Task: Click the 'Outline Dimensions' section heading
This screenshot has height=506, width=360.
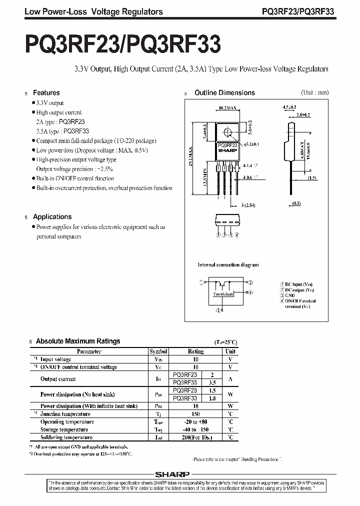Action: pyautogui.click(x=224, y=92)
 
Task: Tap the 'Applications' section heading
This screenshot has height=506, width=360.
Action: pyautogui.click(x=52, y=216)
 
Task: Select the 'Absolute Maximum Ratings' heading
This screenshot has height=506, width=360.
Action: pyautogui.click(x=78, y=341)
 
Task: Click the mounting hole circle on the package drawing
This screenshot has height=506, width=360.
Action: pyautogui.click(x=227, y=132)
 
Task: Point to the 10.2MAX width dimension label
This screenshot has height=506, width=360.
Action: pyautogui.click(x=227, y=108)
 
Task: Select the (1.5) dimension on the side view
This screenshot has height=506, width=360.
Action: pyautogui.click(x=312, y=178)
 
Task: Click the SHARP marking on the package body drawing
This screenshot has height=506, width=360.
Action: pyautogui.click(x=227, y=149)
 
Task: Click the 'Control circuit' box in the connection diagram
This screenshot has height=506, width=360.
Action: pyautogui.click(x=223, y=294)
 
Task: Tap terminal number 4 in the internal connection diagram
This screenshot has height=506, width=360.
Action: pyautogui.click(x=250, y=292)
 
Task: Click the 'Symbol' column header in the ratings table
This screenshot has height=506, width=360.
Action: pyautogui.click(x=158, y=351)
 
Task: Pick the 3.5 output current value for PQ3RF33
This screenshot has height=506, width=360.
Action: pyautogui.click(x=212, y=382)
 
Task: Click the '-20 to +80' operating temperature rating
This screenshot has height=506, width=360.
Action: pyautogui.click(x=195, y=421)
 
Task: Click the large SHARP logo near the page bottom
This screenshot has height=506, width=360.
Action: pyautogui.click(x=180, y=473)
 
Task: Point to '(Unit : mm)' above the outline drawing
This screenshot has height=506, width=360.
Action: pyautogui.click(x=314, y=92)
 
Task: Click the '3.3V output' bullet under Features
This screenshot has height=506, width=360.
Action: pyautogui.click(x=50, y=103)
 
